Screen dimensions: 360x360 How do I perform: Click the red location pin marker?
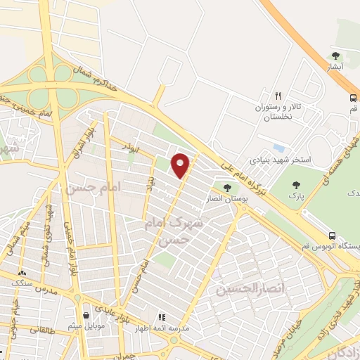[181, 165]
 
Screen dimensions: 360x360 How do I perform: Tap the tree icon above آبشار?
[335, 55]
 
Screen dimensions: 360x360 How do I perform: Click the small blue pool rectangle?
[278, 149]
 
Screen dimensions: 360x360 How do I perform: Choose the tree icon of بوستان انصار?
[226, 187]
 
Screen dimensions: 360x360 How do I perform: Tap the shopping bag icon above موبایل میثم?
[86, 315]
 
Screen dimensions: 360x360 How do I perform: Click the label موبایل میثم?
[86, 326]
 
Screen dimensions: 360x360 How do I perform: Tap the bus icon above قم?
[352, 98]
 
